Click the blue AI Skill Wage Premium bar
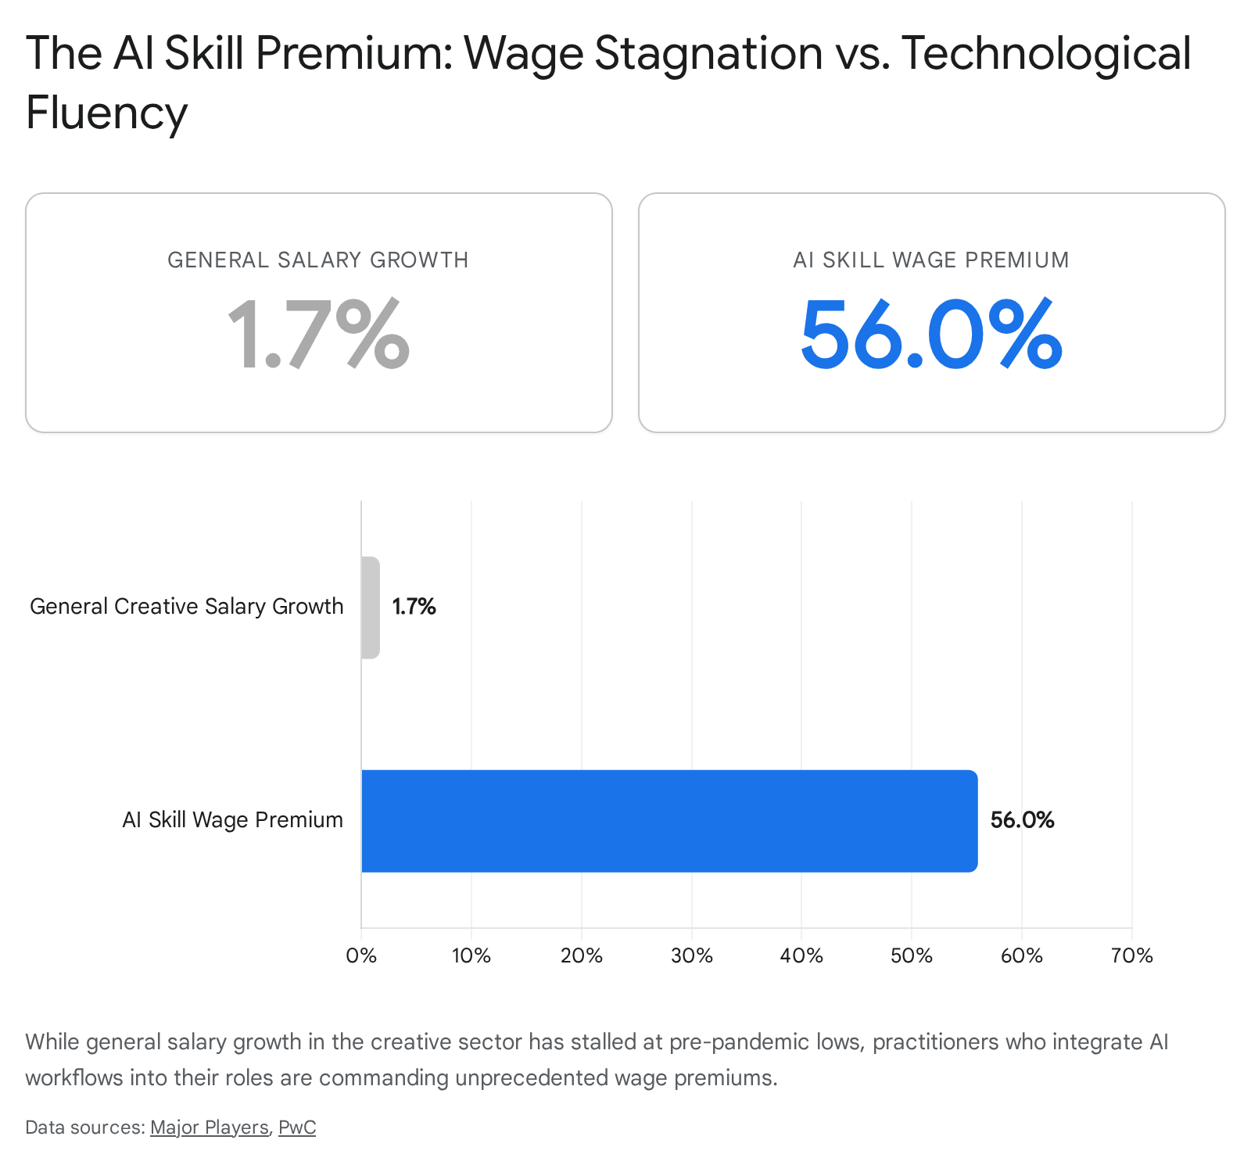(x=669, y=821)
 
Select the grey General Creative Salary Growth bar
(x=371, y=608)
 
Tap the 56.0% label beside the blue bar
(x=1022, y=820)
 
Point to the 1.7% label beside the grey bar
(x=414, y=607)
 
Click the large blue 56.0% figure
(x=931, y=335)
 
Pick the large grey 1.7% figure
(x=318, y=335)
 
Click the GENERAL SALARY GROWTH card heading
(x=318, y=260)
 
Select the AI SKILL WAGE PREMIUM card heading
(x=931, y=260)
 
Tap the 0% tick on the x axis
(x=361, y=955)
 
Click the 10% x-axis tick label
(x=471, y=955)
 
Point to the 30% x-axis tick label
(x=692, y=955)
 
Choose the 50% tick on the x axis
(x=912, y=955)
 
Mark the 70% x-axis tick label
(x=1132, y=955)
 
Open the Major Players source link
(x=209, y=1127)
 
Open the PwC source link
(x=297, y=1127)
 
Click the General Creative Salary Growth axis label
(x=187, y=607)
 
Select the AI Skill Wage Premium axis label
(x=233, y=819)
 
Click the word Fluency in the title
(x=107, y=113)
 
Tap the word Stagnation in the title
(x=709, y=53)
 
